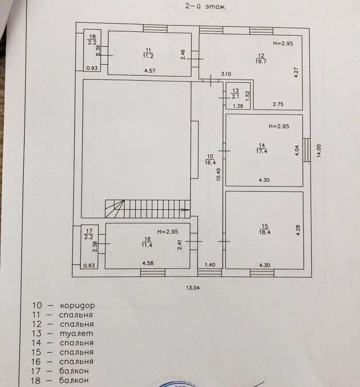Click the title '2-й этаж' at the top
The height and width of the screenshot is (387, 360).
[204, 7]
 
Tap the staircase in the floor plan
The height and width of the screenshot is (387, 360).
[147, 209]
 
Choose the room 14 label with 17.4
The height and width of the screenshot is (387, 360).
[264, 149]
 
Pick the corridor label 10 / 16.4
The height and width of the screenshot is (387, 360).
[209, 160]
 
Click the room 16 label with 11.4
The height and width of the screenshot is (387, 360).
[147, 242]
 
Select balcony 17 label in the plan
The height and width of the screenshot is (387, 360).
[89, 235]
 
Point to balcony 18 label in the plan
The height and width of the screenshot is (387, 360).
[93, 40]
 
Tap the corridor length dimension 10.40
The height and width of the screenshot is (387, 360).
[219, 175]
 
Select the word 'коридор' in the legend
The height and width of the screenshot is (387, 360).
[77, 305]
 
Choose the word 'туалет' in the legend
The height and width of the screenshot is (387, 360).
[76, 334]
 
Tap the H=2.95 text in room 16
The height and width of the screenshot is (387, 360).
[168, 232]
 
